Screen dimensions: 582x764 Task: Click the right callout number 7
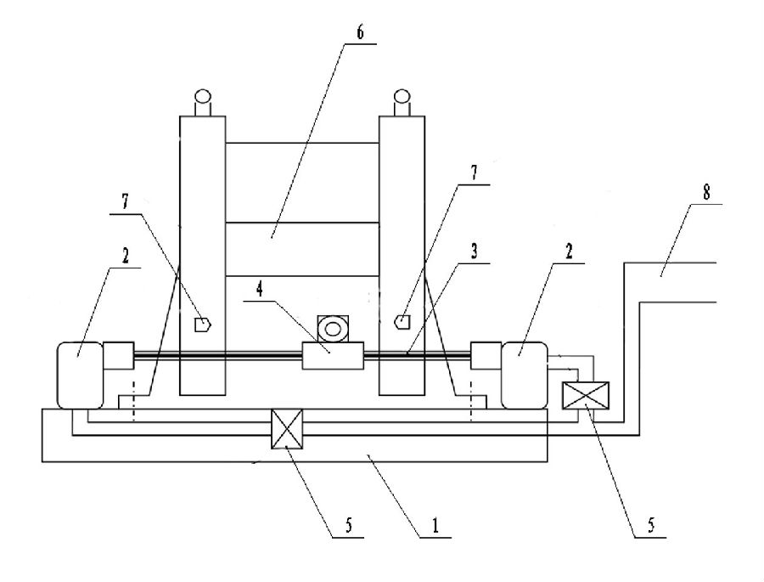(x=475, y=172)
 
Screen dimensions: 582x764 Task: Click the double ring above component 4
(x=332, y=327)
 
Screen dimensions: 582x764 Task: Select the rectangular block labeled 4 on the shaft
(x=333, y=355)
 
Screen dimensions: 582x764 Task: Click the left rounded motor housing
(x=78, y=375)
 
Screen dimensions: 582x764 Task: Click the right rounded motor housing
(x=525, y=375)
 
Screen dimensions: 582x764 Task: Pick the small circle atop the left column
(x=204, y=97)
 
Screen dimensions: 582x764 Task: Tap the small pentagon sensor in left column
(x=203, y=324)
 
